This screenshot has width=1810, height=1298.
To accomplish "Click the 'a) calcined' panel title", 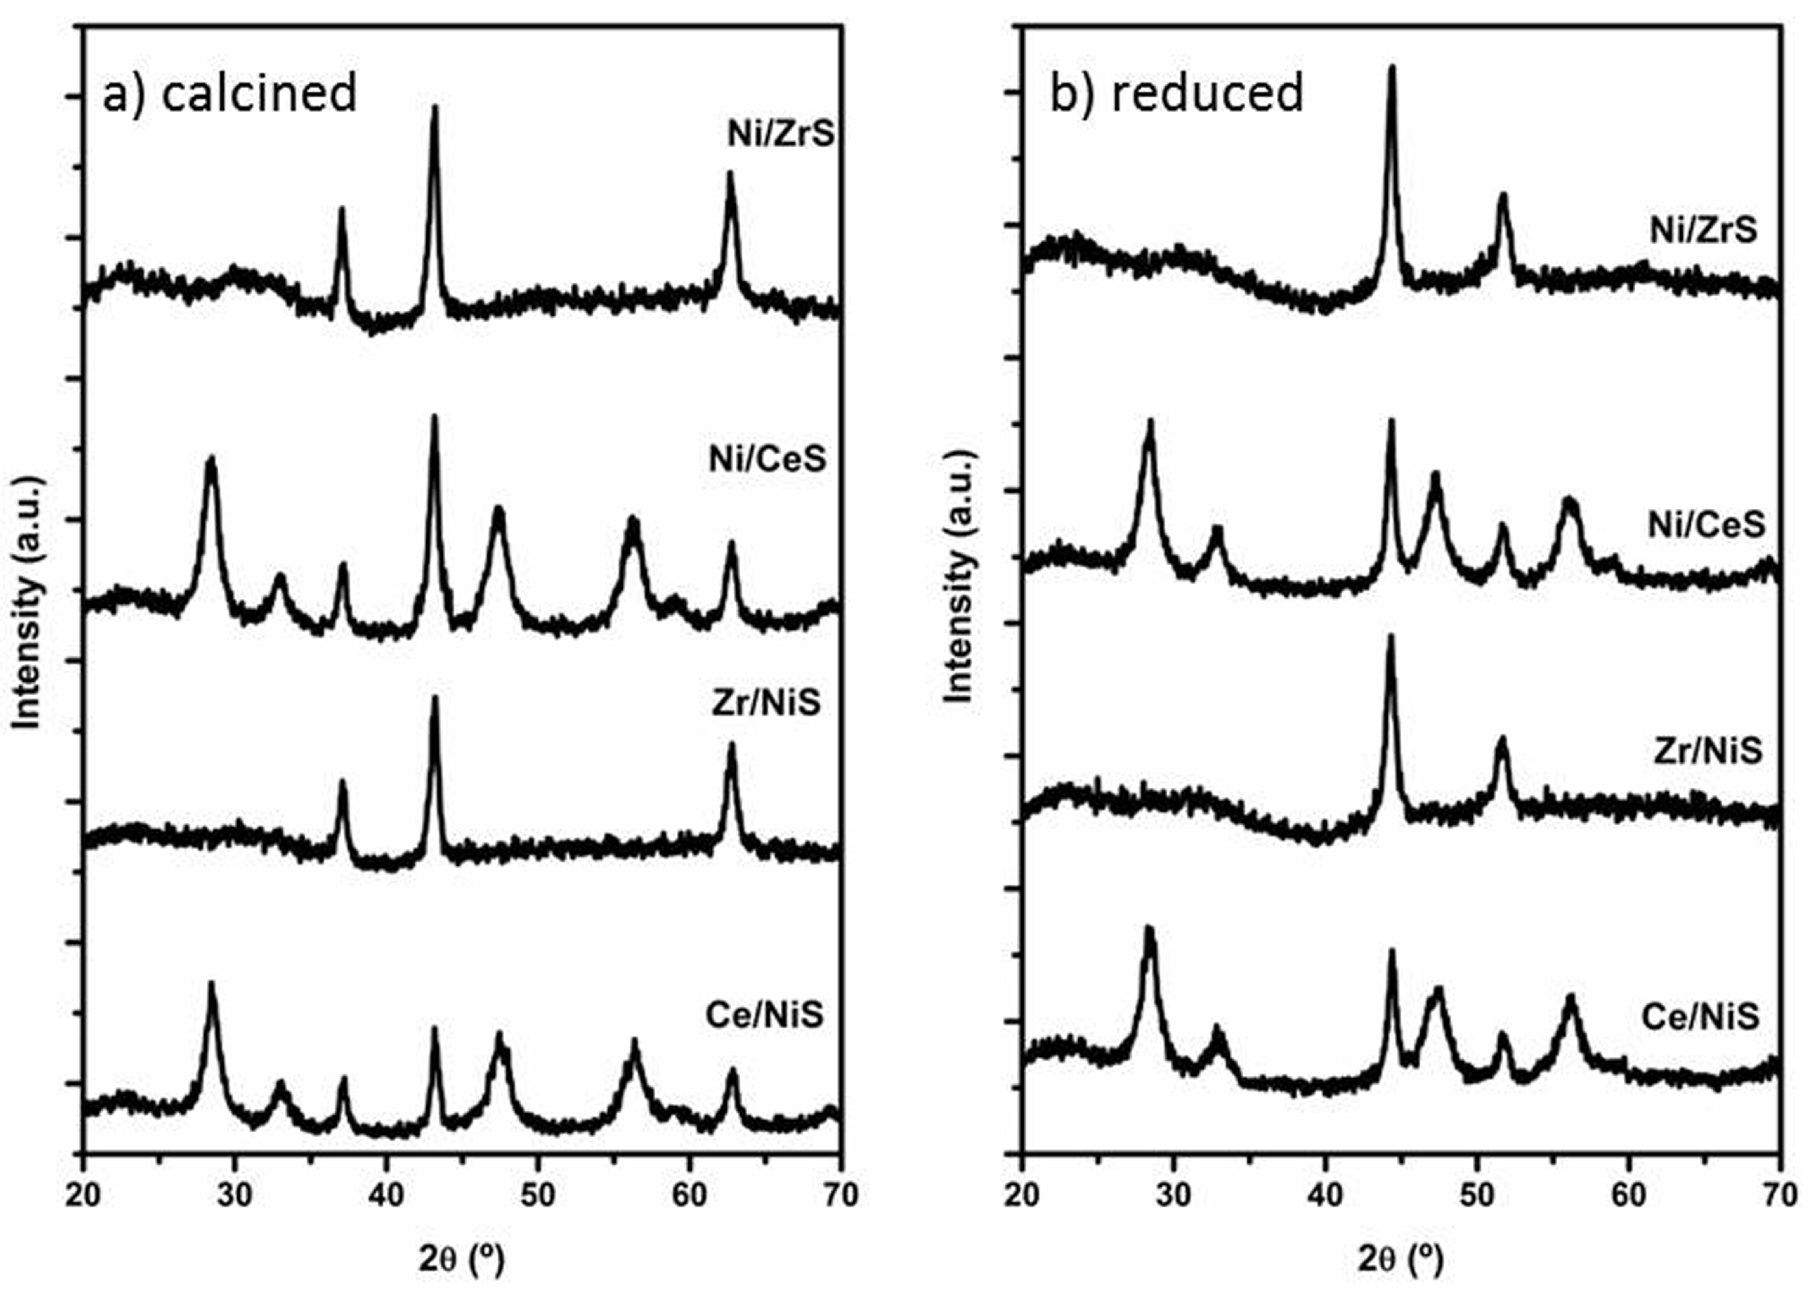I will pos(230,94).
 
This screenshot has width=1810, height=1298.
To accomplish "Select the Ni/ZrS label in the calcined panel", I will pos(780,134).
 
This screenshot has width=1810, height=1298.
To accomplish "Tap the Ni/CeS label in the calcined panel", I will pos(767,460).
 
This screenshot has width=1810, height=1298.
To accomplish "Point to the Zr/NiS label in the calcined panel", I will pos(765,704).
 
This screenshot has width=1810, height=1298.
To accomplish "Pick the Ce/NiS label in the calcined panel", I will pos(764,1015).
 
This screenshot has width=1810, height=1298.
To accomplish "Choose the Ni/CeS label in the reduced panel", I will pos(1707,524).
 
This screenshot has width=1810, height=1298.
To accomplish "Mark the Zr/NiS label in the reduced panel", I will pos(1707,750).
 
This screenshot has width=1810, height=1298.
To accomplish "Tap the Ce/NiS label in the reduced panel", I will pos(1700,1017).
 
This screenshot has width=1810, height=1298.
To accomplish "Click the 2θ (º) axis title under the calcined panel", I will pos(461,1260).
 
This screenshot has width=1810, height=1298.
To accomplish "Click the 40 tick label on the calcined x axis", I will pos(386,1195).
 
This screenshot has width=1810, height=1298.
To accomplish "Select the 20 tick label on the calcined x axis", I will pos(83,1195).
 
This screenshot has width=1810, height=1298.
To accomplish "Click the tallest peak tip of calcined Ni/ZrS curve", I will pos(435,107).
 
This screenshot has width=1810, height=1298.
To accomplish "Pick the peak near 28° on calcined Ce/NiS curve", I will pos(212,983).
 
